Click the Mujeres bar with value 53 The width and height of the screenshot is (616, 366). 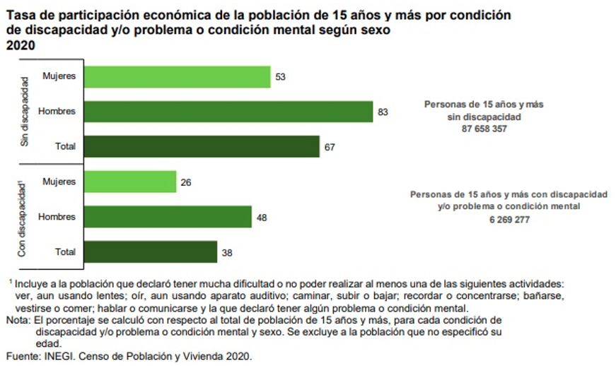(x=177, y=76)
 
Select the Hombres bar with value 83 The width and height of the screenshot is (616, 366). (x=228, y=112)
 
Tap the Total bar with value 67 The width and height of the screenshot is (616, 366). (x=202, y=147)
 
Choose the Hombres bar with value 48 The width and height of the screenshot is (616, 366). (x=168, y=217)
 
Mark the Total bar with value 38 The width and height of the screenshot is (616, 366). (x=150, y=252)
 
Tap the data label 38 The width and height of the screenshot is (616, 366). (x=228, y=252)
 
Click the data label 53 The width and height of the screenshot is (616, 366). (x=281, y=76)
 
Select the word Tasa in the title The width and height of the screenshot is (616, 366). (x=20, y=15)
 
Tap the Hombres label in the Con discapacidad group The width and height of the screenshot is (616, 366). (x=57, y=217)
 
